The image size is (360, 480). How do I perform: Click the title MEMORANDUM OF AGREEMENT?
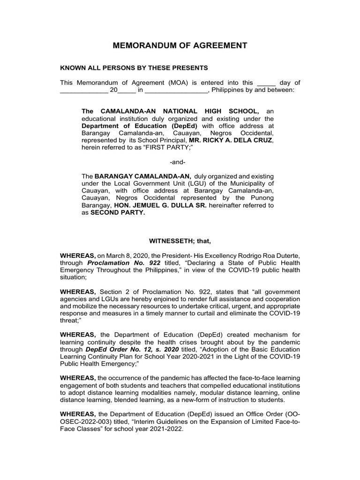click(x=180, y=45)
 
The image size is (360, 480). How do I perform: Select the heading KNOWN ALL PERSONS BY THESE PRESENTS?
click(x=134, y=68)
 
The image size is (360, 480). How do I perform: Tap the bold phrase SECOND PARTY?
click(x=118, y=212)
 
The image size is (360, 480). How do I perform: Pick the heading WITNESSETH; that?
click(x=180, y=241)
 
